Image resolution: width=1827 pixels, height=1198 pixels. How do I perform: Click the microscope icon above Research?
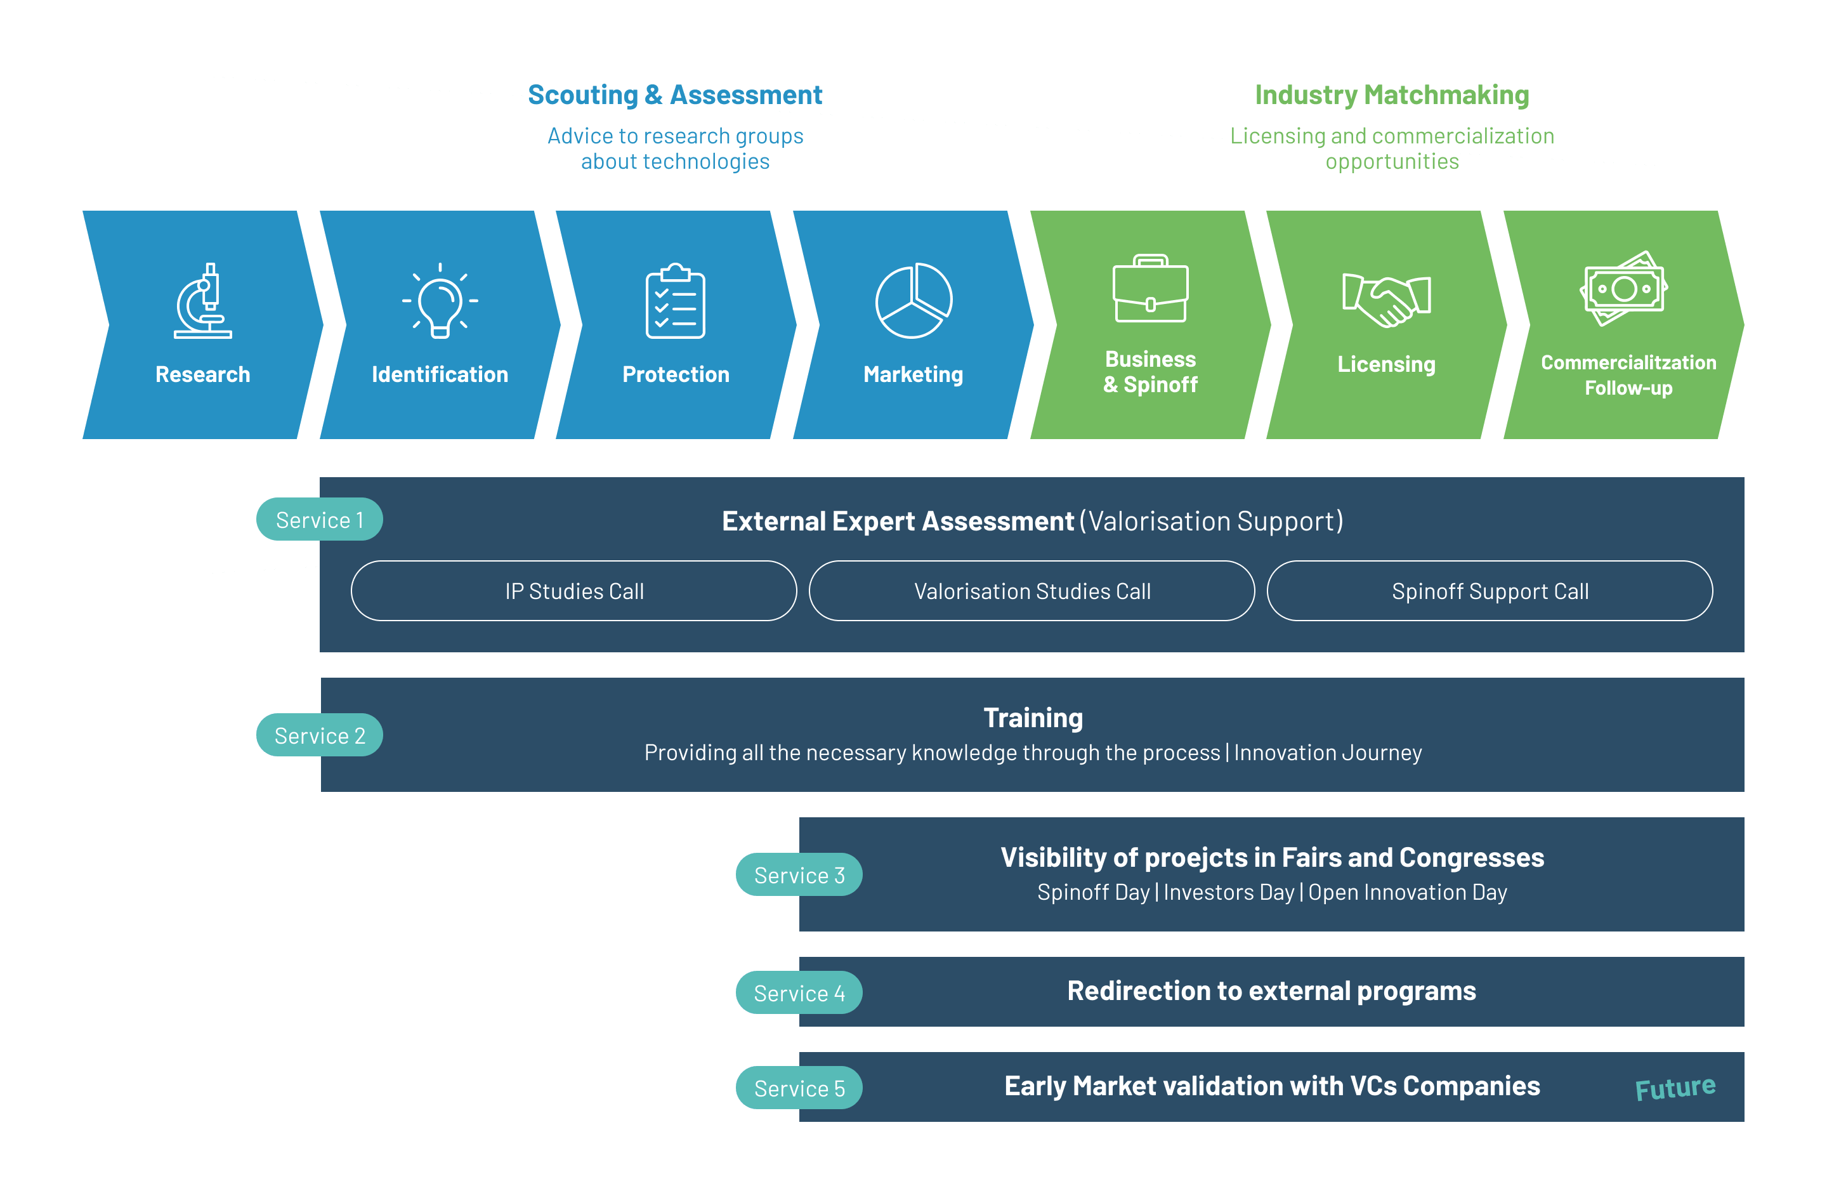coord(202,300)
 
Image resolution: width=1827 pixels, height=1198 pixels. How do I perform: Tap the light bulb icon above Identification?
coord(440,301)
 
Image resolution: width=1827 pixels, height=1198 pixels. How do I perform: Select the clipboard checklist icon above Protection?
coord(676,301)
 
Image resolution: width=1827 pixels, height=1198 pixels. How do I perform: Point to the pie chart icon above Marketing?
coord(913,300)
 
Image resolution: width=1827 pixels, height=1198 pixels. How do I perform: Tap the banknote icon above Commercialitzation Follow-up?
coord(1623,289)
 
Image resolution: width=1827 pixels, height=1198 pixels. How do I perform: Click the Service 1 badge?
coord(319,520)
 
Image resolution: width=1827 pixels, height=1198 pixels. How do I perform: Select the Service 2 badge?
coord(319,735)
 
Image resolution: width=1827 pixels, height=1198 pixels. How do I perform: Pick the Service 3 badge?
coord(799,874)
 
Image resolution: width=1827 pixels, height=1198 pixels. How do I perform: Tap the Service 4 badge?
coord(799,993)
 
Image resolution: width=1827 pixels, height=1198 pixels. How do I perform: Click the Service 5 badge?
coord(799,1088)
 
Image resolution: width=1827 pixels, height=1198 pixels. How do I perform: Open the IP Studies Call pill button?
coord(574,591)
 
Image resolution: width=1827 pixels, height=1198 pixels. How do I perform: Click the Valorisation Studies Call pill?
coord(1031,591)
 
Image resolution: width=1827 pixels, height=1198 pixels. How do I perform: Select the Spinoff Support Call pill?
coord(1490,591)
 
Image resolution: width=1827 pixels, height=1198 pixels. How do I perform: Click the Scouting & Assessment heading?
coord(675,95)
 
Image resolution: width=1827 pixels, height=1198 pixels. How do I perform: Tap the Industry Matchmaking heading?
coord(1392,95)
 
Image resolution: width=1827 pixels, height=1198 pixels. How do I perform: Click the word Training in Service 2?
coord(1033,717)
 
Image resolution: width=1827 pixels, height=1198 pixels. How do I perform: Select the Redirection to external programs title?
coord(1271,991)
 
